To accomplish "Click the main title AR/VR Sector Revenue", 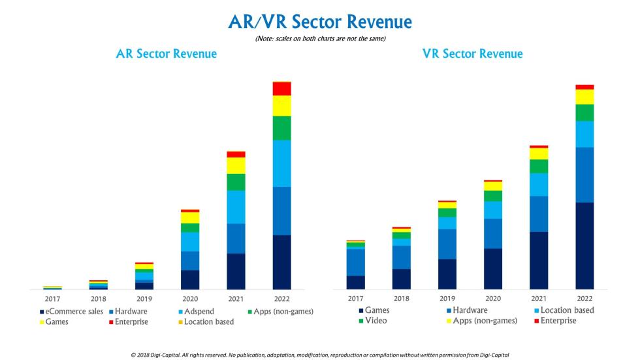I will click(x=320, y=22).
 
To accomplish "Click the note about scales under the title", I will click(x=319, y=40).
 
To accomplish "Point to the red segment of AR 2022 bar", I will click(x=281, y=89).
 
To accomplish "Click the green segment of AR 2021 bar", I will click(x=236, y=182).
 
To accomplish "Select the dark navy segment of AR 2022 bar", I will click(x=281, y=261).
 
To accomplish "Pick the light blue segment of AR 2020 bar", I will click(x=190, y=241).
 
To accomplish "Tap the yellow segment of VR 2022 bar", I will click(x=584, y=97).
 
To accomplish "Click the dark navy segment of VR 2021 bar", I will click(x=539, y=260).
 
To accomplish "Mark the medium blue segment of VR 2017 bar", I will click(x=355, y=262).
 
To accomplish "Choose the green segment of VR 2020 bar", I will click(x=493, y=196).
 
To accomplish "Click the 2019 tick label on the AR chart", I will click(x=144, y=299).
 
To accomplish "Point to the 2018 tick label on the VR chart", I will click(x=401, y=299).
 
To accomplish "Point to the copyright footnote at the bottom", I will click(x=319, y=355).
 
